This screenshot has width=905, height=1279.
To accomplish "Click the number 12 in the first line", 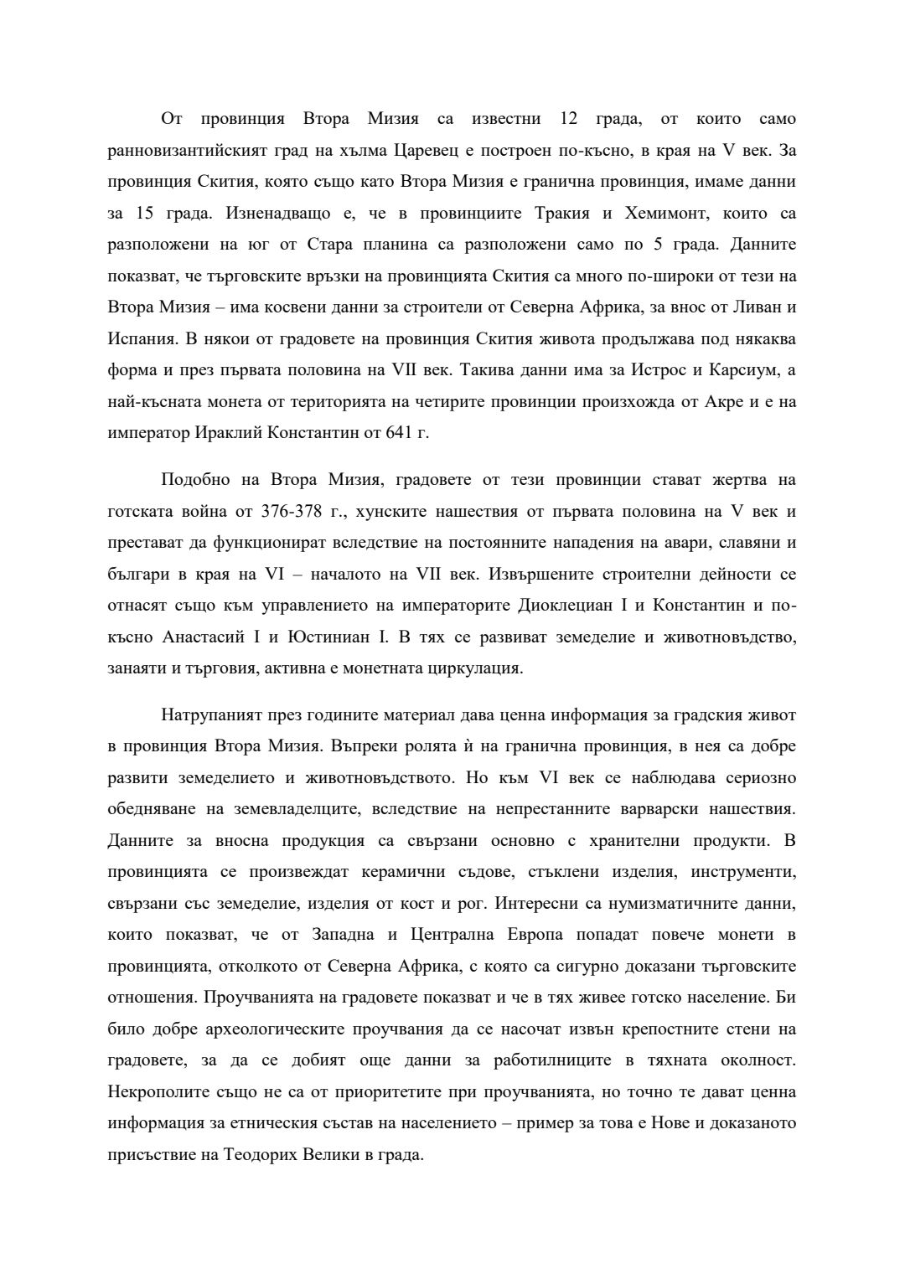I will point(568,119).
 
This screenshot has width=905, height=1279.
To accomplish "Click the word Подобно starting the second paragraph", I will point(194,480).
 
